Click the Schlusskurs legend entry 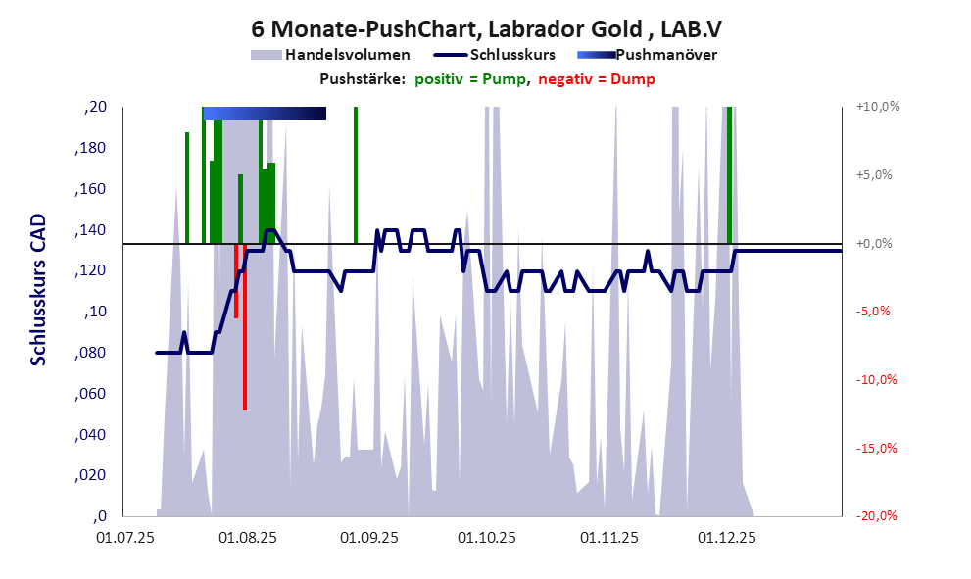pos(513,55)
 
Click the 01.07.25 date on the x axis pos(123,537)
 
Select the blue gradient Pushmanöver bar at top pos(265,114)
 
